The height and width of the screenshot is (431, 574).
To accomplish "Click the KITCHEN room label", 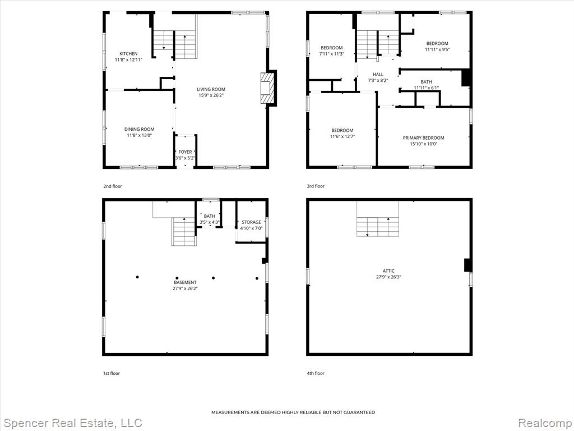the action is [x=128, y=53].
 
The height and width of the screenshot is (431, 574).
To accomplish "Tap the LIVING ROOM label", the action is [x=211, y=89].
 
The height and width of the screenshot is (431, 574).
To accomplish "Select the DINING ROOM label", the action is [x=139, y=129].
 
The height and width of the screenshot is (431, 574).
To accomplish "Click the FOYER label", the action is [x=185, y=152].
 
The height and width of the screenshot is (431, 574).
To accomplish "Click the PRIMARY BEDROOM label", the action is [x=424, y=138].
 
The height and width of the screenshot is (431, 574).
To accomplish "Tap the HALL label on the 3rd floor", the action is [x=378, y=75].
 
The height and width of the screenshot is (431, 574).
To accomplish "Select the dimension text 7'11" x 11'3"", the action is [x=332, y=53].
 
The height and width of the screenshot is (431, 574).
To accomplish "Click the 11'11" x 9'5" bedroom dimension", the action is [x=437, y=49].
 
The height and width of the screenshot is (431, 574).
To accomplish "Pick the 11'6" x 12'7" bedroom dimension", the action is [x=342, y=136].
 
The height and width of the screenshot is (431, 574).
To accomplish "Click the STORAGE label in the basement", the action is [x=252, y=222].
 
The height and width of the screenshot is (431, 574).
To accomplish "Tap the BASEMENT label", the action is [x=185, y=282].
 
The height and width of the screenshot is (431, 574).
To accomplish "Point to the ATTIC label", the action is [x=389, y=271].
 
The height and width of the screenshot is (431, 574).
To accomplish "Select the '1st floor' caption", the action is [x=112, y=373].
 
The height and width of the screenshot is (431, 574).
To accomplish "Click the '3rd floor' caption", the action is [x=316, y=186].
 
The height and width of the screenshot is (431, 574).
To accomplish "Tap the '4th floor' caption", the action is [x=316, y=373].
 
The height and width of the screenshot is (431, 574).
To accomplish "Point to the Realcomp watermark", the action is [x=545, y=423].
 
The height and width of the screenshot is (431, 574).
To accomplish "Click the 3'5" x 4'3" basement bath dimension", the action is [x=210, y=222].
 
